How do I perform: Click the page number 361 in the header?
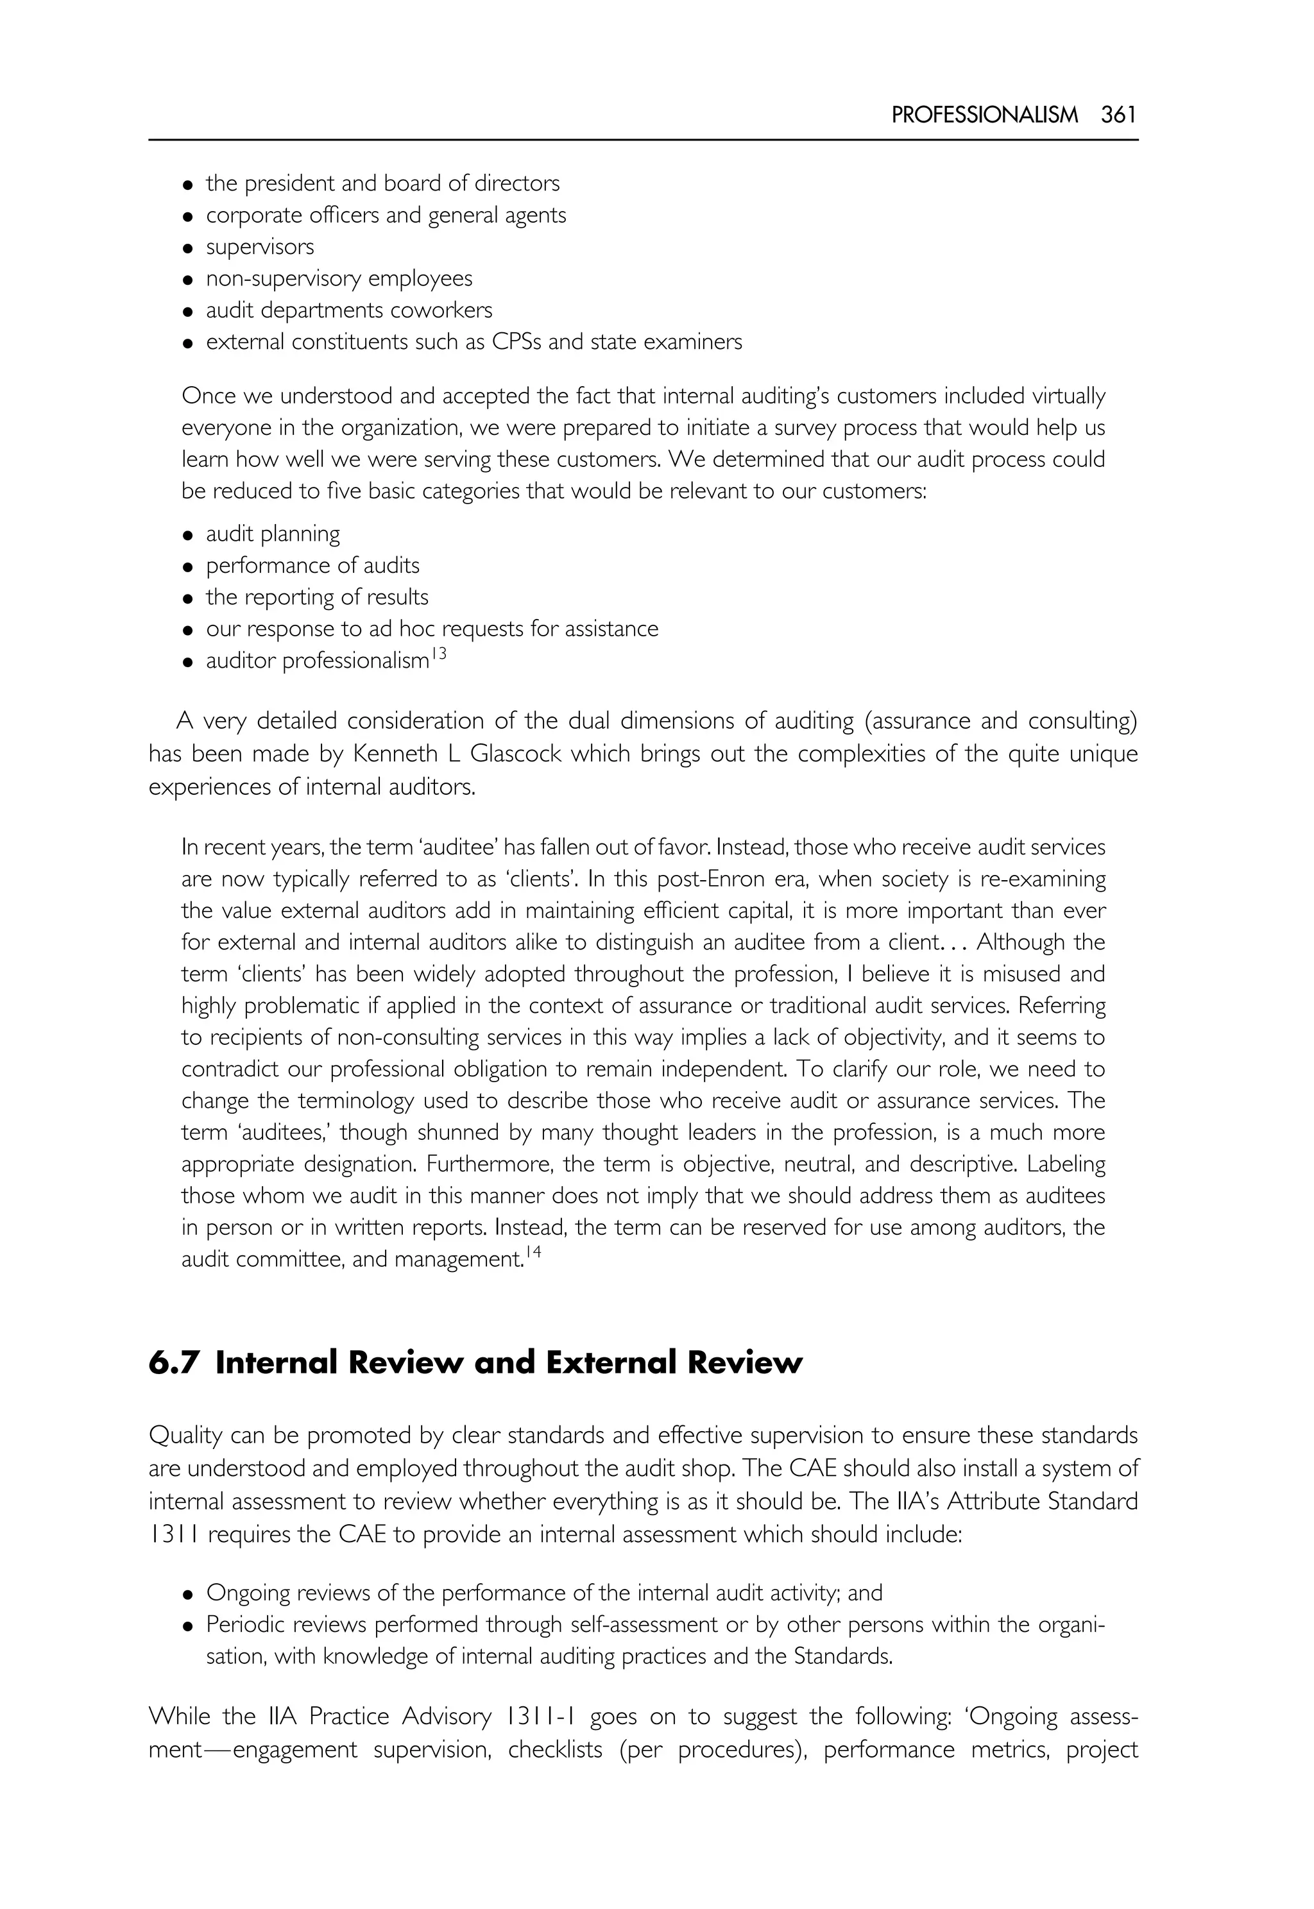pyautogui.click(x=1119, y=115)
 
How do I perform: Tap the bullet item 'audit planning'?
pyautogui.click(x=273, y=534)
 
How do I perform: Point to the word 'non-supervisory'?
pyautogui.click(x=283, y=279)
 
